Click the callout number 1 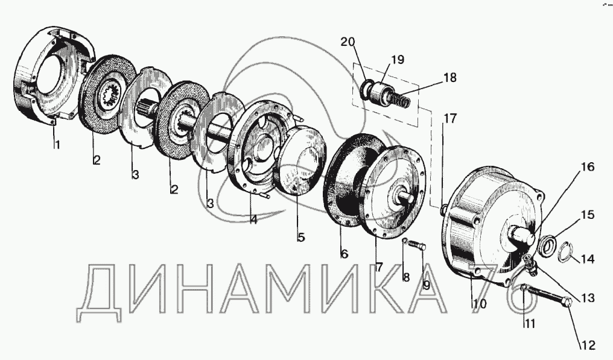57,145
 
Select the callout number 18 450,78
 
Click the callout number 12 588,346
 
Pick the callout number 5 300,237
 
